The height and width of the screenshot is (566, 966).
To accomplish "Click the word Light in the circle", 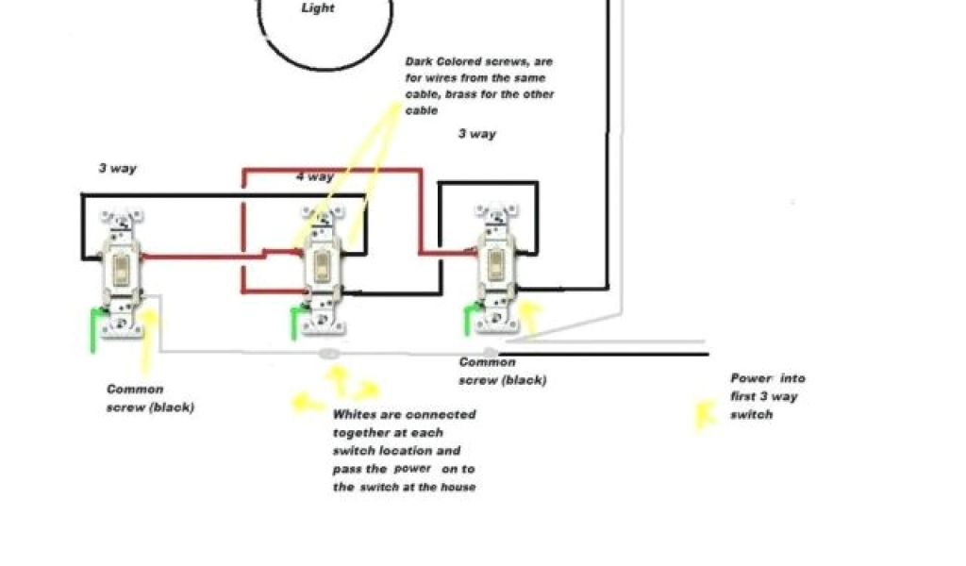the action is pos(317,8).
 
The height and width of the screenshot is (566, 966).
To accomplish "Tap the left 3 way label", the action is pos(117,169).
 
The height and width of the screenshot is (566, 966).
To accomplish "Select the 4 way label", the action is pos(314,176).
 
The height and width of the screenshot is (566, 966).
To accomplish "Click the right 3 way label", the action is pos(476,134).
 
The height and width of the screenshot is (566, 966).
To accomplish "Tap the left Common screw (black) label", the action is pos(150,398).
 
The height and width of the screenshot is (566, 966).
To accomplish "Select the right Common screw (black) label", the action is pos(502,372).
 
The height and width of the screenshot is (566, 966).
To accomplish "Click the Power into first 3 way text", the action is pos(767,396).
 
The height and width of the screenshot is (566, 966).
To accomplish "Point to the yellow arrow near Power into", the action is pos(702,414).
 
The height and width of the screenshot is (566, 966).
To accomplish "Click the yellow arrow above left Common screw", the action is pos(148,340).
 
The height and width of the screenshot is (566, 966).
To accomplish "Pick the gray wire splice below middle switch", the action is pos(329,354).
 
